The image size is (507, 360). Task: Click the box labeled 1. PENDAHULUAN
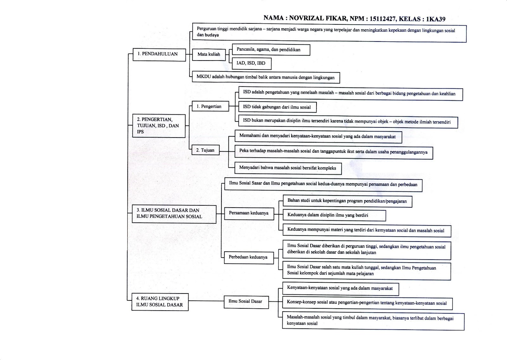click(159, 54)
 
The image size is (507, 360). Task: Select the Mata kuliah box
click(209, 55)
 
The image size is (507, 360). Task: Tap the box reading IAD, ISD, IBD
click(251, 63)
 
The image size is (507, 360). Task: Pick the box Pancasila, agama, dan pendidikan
click(271, 50)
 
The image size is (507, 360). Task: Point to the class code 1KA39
click(436, 19)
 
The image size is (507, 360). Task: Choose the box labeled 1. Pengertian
click(210, 106)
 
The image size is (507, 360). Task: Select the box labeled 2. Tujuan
click(205, 150)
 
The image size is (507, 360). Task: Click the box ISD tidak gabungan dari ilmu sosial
click(277, 107)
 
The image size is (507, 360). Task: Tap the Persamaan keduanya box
click(249, 213)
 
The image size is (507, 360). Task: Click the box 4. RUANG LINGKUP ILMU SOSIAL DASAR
click(160, 302)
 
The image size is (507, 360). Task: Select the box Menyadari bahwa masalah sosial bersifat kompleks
click(288, 168)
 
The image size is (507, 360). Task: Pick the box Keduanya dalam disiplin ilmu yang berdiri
click(334, 215)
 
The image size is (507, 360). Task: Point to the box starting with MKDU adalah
click(266, 77)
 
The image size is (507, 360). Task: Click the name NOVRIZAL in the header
click(306, 19)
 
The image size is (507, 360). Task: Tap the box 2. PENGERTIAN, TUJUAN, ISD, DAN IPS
click(158, 126)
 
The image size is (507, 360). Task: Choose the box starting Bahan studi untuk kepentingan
click(347, 201)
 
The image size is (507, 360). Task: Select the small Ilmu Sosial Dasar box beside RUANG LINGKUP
click(246, 301)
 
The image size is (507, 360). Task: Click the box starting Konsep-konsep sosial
click(367, 303)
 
